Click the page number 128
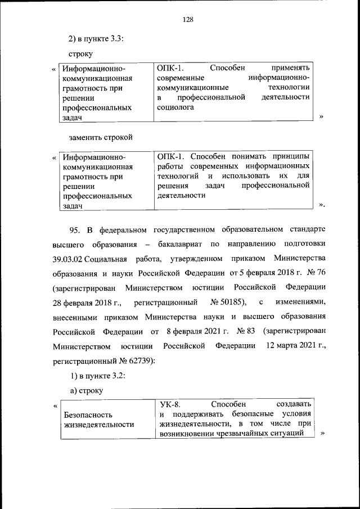click(x=188, y=19)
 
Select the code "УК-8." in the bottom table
click(x=170, y=404)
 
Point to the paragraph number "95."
click(x=75, y=230)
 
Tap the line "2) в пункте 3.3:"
click(x=96, y=39)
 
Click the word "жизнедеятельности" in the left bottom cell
click(x=98, y=424)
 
